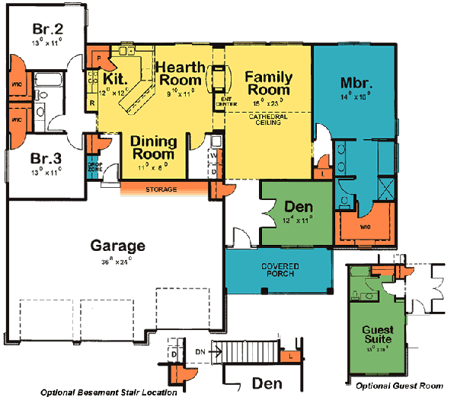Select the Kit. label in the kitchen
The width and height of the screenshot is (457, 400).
(x=114, y=78)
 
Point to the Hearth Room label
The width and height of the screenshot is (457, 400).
(x=180, y=73)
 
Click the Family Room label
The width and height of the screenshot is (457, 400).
(x=269, y=82)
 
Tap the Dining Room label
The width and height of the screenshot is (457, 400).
(x=155, y=148)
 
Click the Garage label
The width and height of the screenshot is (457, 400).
(x=117, y=246)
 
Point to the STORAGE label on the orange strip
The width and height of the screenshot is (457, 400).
(x=161, y=189)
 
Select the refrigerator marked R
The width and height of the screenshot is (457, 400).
(x=91, y=101)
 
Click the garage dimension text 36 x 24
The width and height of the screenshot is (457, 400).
(x=117, y=260)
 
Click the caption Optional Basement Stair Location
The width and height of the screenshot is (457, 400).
(x=109, y=393)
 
